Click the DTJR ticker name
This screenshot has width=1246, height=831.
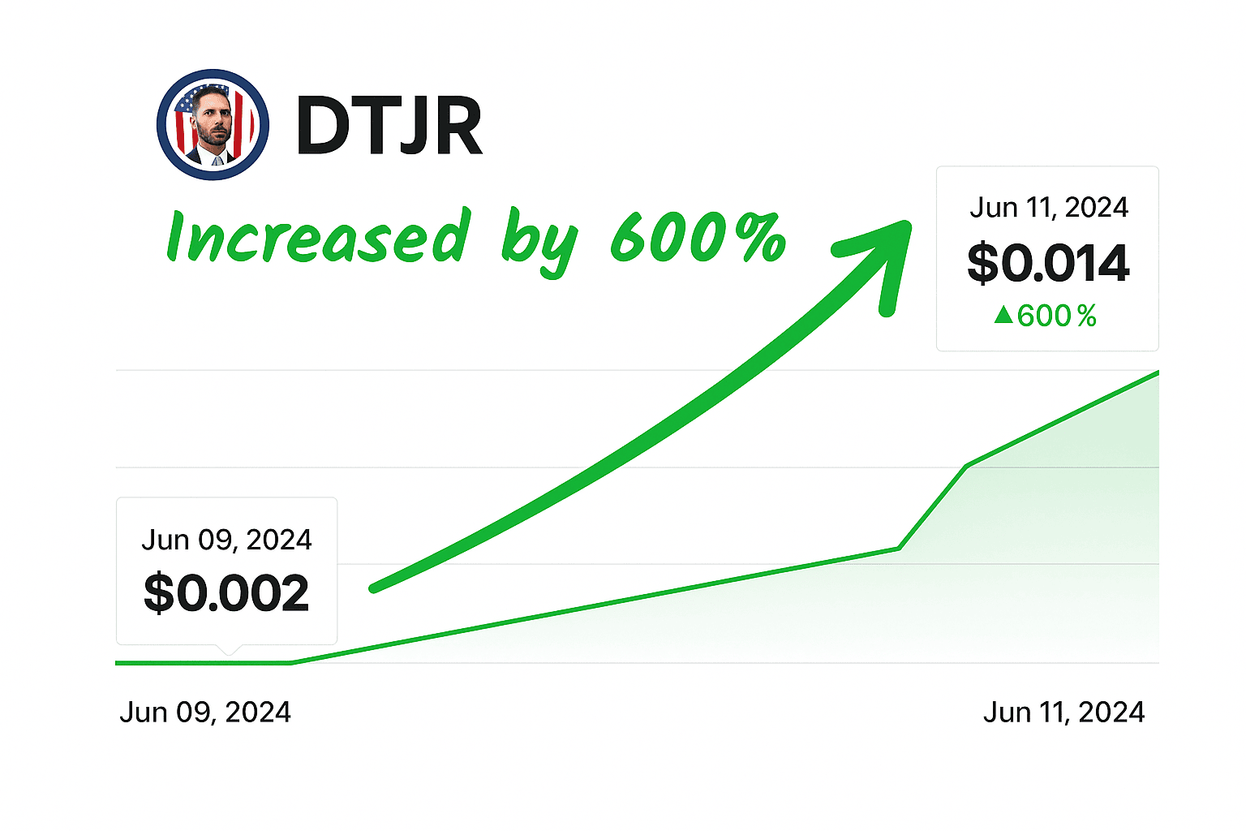pos(389,126)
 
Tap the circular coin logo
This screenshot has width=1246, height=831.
pos(213,124)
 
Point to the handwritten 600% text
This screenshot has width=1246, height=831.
pos(698,237)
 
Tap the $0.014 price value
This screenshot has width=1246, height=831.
pos(1048,263)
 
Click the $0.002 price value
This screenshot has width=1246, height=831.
pos(226,593)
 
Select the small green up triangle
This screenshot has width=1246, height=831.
pos(1003,315)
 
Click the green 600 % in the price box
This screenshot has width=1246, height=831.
pos(1056,316)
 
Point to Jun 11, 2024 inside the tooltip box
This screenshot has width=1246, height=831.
pos(1048,208)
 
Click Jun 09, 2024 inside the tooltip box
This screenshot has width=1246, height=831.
pos(226,540)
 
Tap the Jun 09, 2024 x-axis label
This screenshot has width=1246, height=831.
pos(205,713)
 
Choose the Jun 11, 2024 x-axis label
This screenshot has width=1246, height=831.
pos(1063,713)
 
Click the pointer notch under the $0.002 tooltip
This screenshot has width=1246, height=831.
pos(229,649)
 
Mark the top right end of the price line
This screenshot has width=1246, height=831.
pos(1158,372)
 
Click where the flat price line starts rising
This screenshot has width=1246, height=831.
pos(291,663)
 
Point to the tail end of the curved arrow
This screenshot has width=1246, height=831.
pos(374,588)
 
